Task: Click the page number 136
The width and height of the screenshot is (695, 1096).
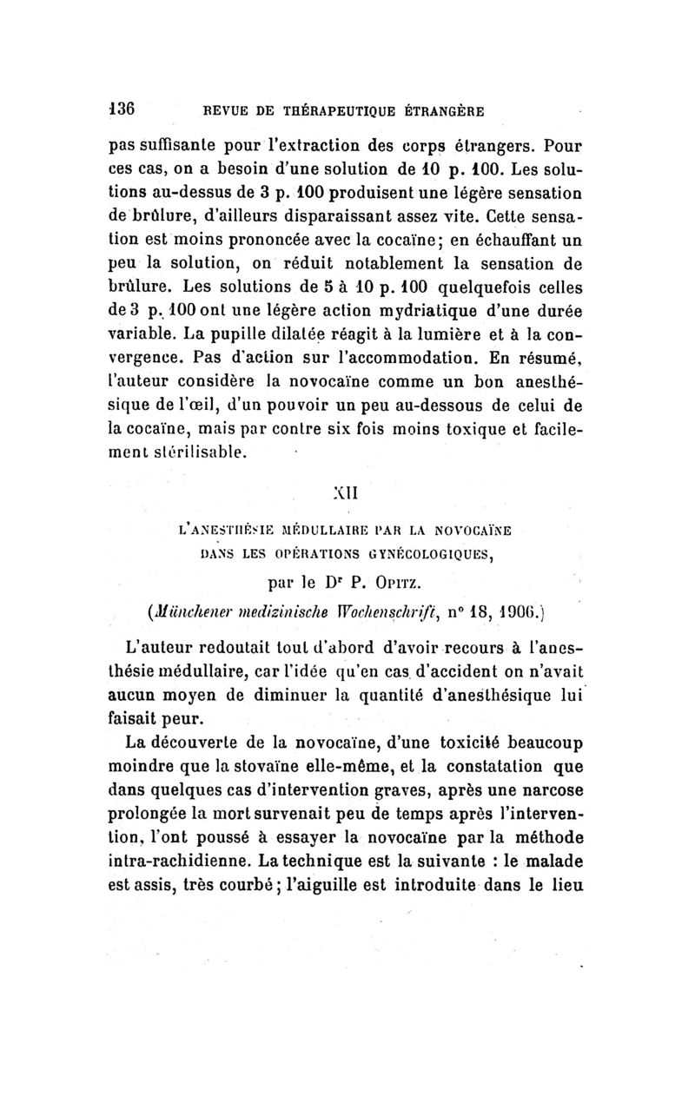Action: point(128,109)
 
